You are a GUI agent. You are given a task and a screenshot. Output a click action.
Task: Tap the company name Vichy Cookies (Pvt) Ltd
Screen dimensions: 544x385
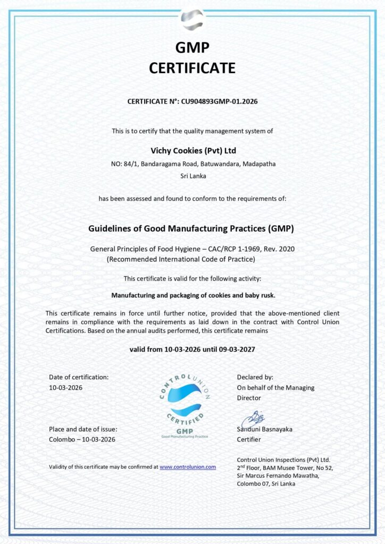pyautogui.click(x=192, y=151)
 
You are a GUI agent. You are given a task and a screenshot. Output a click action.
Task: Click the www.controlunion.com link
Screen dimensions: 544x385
pyautogui.click(x=188, y=467)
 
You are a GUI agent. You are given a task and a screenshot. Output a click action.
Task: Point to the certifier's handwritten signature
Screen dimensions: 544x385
pyautogui.click(x=252, y=418)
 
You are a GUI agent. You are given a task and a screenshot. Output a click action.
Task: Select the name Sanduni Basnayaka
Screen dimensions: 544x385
pyautogui.click(x=264, y=429)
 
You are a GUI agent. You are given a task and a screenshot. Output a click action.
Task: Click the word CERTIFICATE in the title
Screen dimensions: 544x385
pyautogui.click(x=192, y=68)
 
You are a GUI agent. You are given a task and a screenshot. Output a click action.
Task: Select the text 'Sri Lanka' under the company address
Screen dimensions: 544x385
pyautogui.click(x=192, y=175)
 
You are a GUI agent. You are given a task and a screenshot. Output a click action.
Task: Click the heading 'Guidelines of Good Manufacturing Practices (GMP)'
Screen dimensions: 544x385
pyautogui.click(x=191, y=228)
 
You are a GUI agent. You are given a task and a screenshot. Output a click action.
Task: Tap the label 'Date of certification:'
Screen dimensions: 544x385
pyautogui.click(x=79, y=377)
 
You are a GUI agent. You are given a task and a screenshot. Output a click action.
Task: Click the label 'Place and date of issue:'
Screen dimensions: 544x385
pyautogui.click(x=83, y=429)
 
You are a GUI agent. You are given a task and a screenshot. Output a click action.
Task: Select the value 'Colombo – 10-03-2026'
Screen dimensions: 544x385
pyautogui.click(x=82, y=439)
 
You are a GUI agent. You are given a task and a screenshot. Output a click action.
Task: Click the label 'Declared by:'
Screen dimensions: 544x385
pyautogui.click(x=255, y=377)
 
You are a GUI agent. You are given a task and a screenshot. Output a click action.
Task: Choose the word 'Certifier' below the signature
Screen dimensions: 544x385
pyautogui.click(x=249, y=439)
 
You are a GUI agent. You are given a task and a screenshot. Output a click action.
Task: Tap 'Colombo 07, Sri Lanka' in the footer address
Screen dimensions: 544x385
pyautogui.click(x=266, y=483)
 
